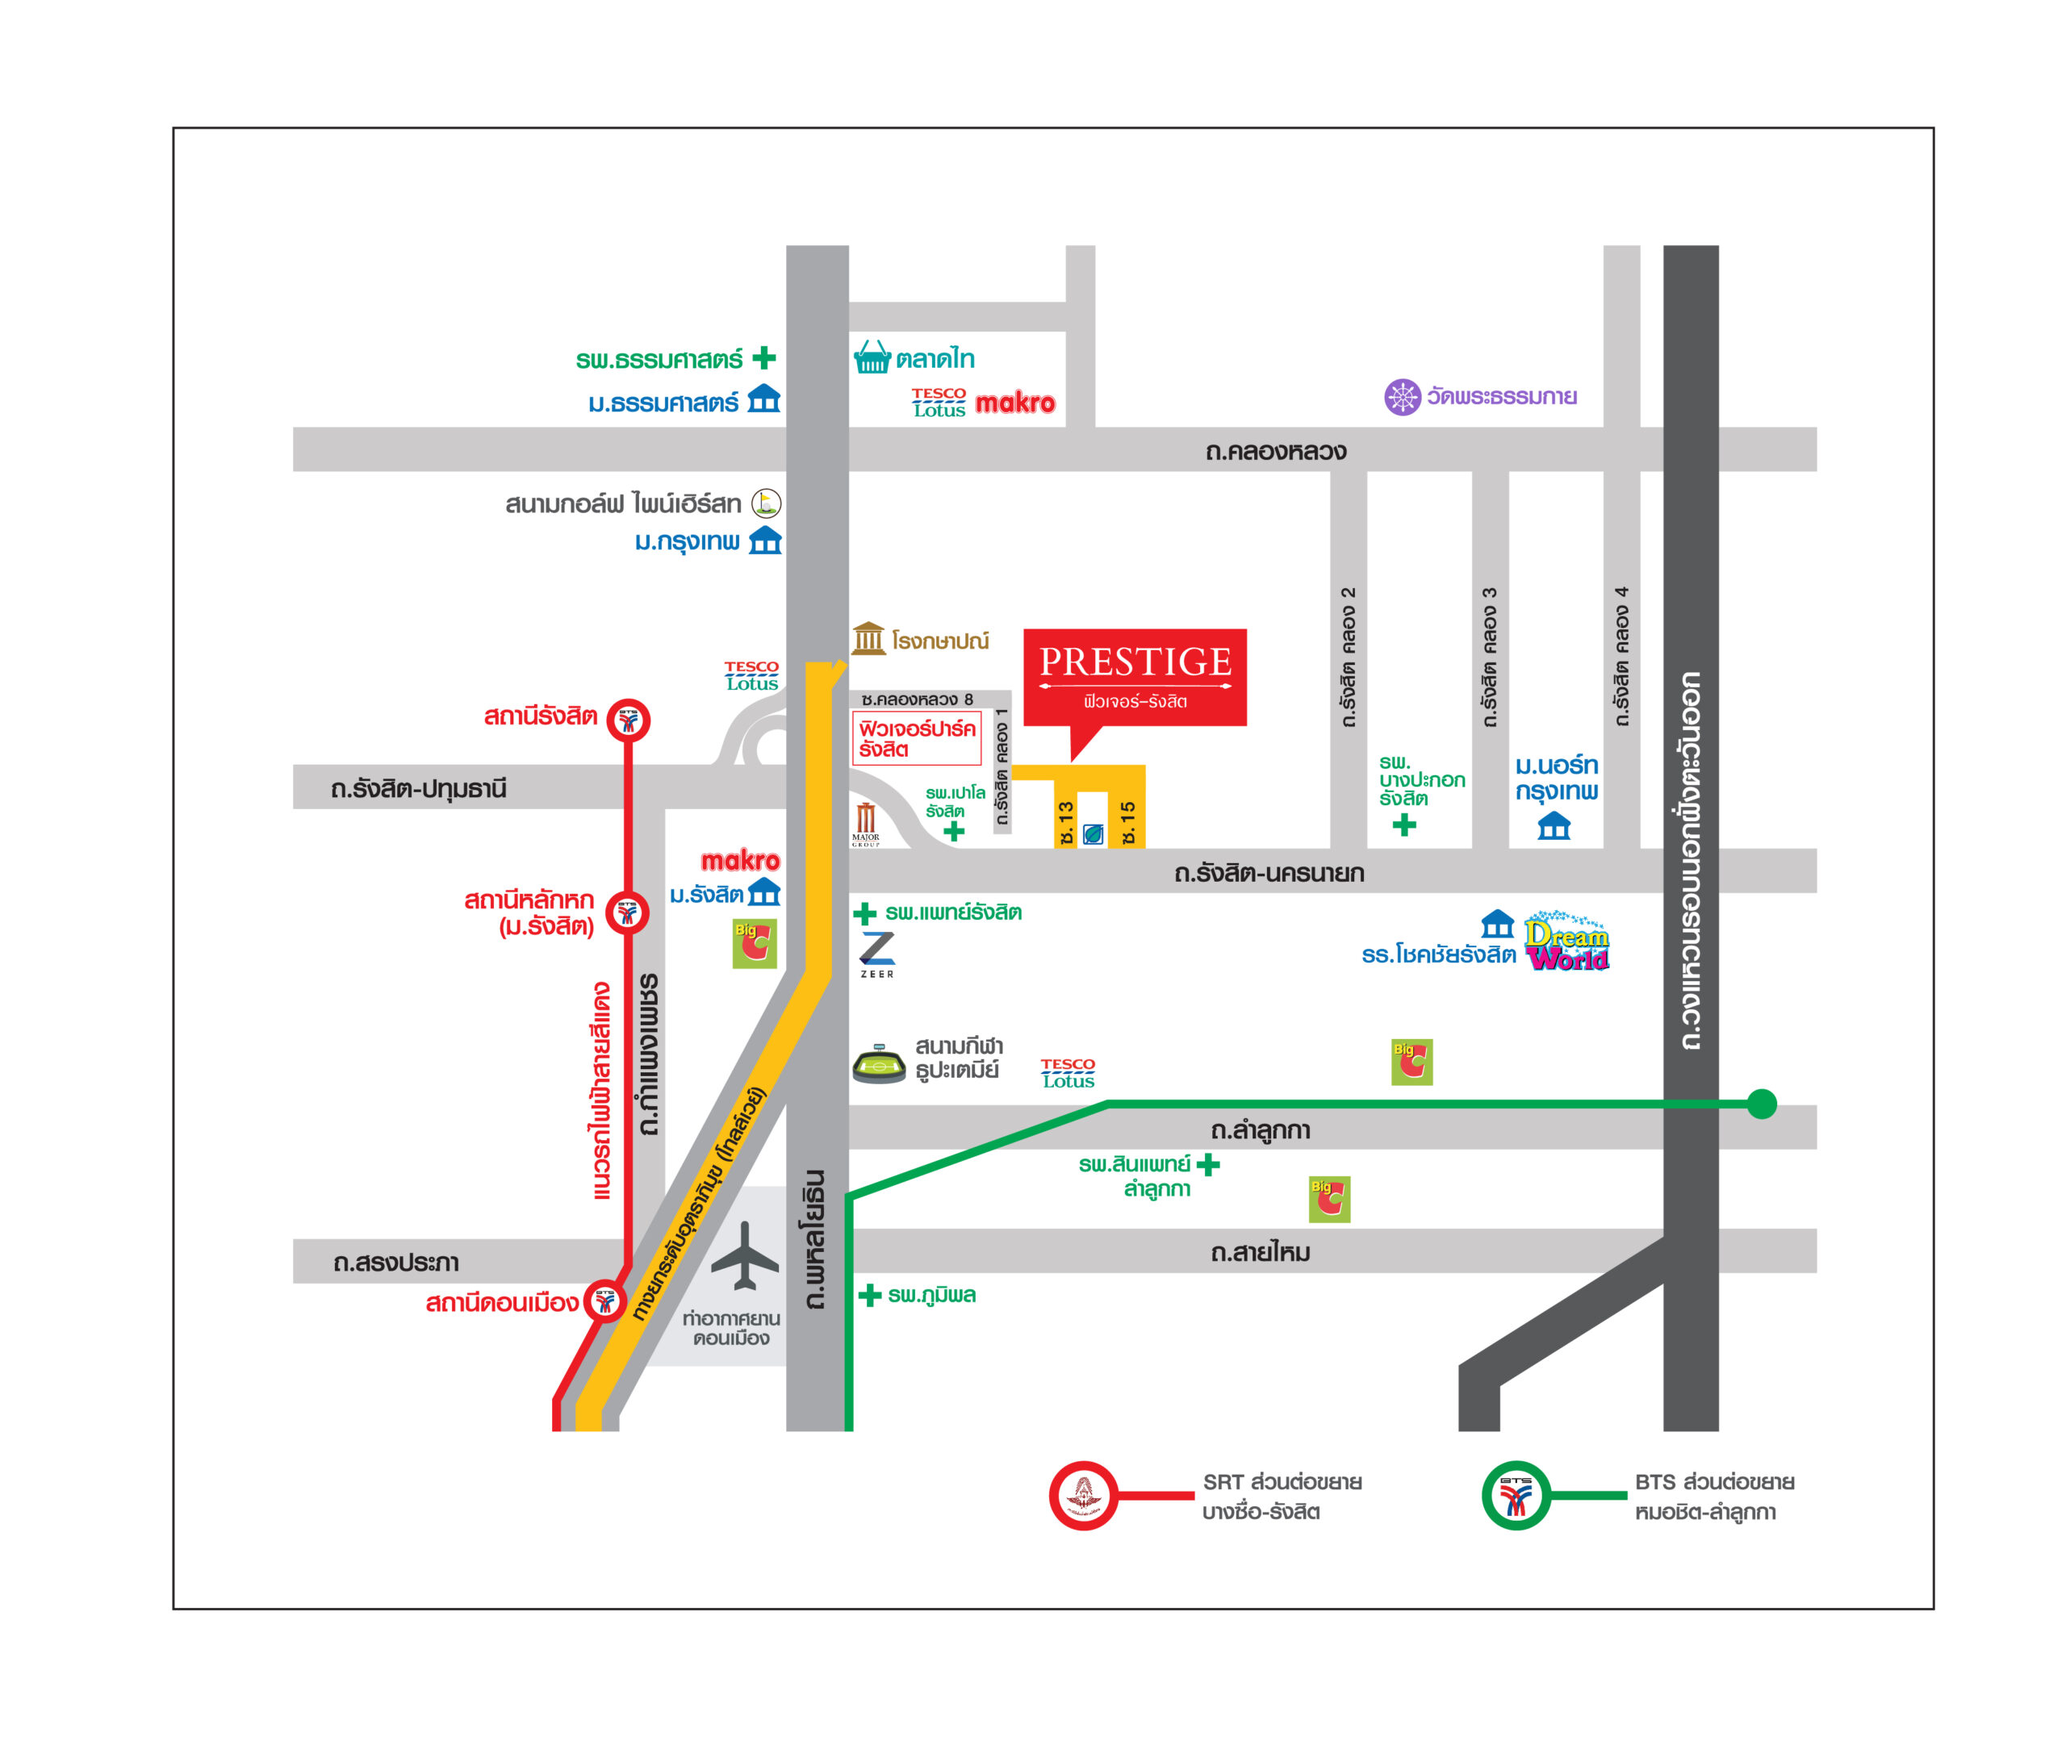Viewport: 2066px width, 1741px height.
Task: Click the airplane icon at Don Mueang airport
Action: click(x=744, y=1255)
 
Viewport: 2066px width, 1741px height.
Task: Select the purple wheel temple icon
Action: click(x=1402, y=397)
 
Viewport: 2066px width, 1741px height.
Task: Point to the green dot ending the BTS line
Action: click(x=1762, y=1104)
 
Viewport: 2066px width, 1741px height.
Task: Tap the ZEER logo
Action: click(x=876, y=954)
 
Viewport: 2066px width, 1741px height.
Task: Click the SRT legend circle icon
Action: click(x=1083, y=1495)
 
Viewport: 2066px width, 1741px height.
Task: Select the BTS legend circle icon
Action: click(x=1515, y=1495)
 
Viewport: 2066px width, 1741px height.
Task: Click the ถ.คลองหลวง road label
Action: click(x=1275, y=452)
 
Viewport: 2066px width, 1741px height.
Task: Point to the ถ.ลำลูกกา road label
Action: click(x=1261, y=1130)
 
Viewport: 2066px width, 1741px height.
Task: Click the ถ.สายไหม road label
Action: click(x=1261, y=1252)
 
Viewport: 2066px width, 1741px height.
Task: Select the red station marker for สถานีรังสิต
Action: click(x=629, y=720)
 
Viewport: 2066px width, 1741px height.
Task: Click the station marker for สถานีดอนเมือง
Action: click(x=605, y=1300)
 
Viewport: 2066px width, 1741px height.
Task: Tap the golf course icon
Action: click(x=766, y=503)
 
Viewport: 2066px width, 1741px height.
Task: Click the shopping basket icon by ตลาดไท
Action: click(x=872, y=357)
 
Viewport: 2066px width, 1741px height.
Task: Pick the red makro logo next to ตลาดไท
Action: click(x=1014, y=403)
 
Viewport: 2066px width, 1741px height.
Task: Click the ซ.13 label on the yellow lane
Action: click(x=1066, y=823)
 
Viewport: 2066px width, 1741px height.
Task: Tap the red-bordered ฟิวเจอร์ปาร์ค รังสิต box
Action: click(x=917, y=738)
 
